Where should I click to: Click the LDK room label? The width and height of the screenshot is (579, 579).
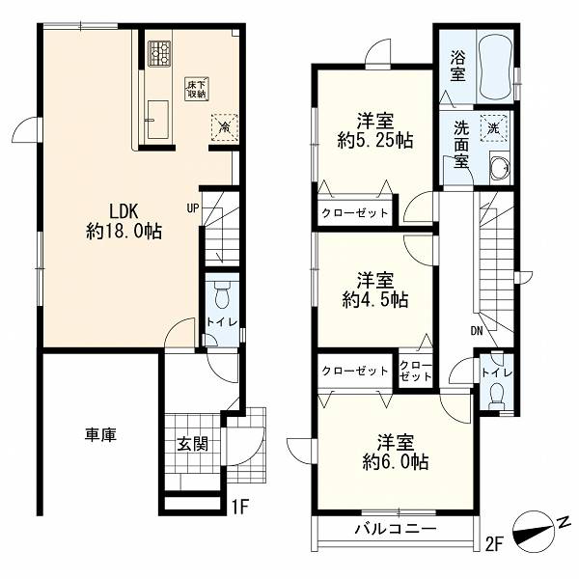(124, 212)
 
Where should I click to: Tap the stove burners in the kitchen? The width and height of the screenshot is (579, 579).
(159, 53)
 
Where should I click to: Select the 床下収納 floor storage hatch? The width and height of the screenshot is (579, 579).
(197, 89)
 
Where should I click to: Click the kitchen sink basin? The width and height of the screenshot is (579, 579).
(158, 120)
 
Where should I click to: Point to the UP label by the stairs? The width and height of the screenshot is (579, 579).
(193, 208)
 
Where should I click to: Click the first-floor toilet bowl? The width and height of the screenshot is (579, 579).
(222, 295)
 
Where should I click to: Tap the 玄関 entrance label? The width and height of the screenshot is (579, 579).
(192, 444)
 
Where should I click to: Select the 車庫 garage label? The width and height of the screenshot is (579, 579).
(100, 434)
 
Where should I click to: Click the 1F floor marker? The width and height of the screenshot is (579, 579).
(240, 507)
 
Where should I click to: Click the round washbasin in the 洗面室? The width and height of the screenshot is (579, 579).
(499, 168)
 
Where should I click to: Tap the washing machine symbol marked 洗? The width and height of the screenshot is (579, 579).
(494, 128)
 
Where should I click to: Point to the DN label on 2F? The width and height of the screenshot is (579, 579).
(477, 331)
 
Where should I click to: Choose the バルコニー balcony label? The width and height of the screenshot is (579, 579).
(396, 529)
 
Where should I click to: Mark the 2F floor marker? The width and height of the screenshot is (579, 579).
(494, 544)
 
